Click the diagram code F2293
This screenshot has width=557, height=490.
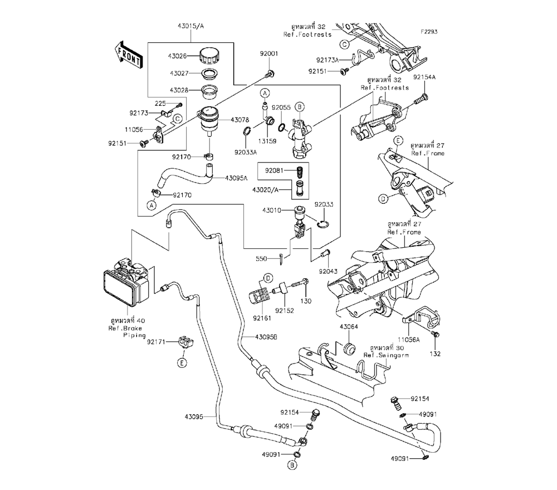(x=429, y=32)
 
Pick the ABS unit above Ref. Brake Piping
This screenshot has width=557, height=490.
(x=126, y=282)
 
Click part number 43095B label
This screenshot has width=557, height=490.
(x=267, y=337)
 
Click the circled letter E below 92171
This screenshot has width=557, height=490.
(x=182, y=363)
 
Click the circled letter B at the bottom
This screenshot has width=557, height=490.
(x=291, y=464)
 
